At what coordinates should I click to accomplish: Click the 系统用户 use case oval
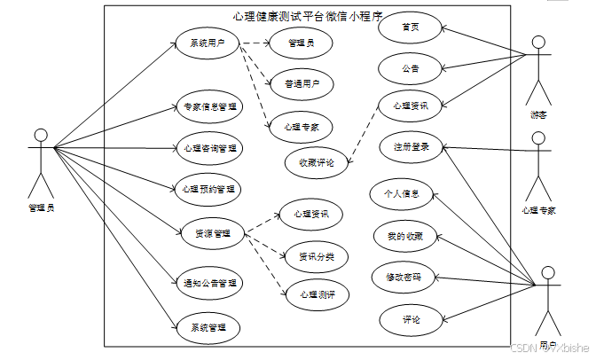click(207, 43)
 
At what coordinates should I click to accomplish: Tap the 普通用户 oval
click(302, 84)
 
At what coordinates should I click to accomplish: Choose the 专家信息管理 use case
click(209, 107)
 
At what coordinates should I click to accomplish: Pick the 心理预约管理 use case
click(209, 189)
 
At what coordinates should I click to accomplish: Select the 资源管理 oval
click(212, 233)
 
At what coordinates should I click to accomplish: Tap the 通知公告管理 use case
click(209, 284)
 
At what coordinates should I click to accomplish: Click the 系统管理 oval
click(208, 327)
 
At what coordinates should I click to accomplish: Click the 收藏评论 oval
click(316, 162)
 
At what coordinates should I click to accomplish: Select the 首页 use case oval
click(410, 27)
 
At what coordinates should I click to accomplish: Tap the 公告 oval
click(410, 67)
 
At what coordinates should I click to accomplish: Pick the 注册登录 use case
click(411, 147)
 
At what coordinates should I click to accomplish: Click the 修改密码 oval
click(404, 278)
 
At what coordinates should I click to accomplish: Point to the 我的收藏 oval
click(404, 237)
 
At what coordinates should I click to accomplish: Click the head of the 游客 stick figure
click(537, 42)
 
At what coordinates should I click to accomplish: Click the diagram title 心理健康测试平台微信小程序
click(307, 15)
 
